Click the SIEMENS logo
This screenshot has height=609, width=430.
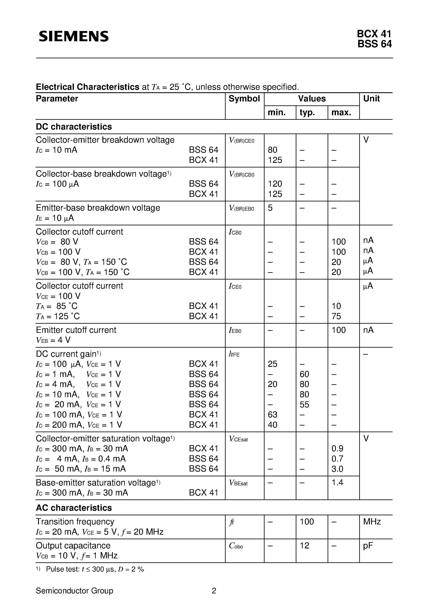[74, 36]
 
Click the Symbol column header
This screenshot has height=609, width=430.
[244, 99]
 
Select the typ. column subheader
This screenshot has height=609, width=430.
[307, 112]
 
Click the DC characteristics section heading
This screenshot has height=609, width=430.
[74, 127]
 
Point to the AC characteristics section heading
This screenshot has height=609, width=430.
[74, 508]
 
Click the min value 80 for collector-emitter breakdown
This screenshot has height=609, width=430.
[272, 150]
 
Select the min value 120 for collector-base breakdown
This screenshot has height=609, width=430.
[275, 184]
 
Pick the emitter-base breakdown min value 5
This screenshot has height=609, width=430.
[270, 208]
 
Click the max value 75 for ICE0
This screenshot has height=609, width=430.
[336, 316]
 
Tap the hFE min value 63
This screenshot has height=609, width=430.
[272, 415]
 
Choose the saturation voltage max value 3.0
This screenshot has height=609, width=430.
[337, 469]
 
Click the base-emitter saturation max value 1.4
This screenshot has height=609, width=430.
[337, 483]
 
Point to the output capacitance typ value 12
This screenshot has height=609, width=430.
[304, 546]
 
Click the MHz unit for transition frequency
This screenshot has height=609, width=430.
[372, 522]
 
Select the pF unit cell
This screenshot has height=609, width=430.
[368, 546]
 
